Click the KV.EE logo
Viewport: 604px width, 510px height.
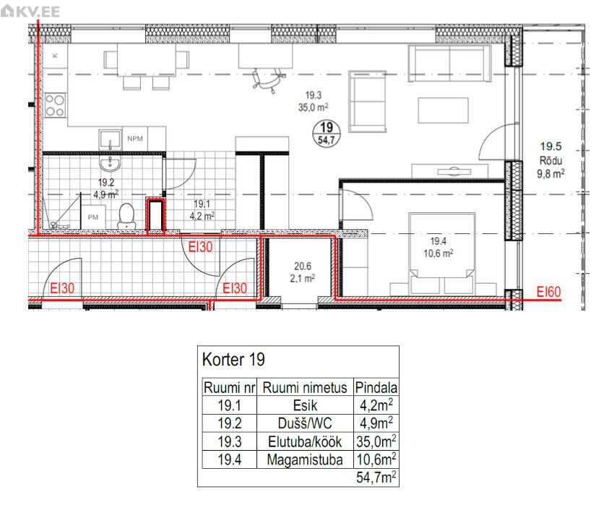pos(30,12)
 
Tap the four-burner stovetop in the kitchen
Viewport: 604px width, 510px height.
pos(55,106)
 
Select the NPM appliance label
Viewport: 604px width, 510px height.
pos(135,139)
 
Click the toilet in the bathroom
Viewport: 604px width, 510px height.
pos(126,217)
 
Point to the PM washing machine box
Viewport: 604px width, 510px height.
pos(93,217)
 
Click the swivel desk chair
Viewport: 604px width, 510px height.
pos(269,79)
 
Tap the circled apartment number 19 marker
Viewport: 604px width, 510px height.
pos(327,133)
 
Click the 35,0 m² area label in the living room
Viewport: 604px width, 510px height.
pos(313,107)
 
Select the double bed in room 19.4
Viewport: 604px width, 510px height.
pos(442,252)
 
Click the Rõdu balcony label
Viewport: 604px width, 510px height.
pos(551,160)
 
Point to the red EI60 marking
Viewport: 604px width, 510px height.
pos(549,292)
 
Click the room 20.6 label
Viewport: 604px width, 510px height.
pos(303,266)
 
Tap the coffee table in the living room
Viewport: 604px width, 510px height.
pos(443,111)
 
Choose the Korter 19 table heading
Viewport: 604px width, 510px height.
pos(233,360)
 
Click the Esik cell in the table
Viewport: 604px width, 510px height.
pos(305,405)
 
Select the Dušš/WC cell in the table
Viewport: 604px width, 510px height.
pos(305,423)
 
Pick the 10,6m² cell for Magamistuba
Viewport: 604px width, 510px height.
pos(376,459)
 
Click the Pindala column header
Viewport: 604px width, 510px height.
pos(376,387)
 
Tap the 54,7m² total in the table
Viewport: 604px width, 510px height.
pos(376,477)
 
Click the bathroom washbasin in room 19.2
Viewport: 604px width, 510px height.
pos(110,163)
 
